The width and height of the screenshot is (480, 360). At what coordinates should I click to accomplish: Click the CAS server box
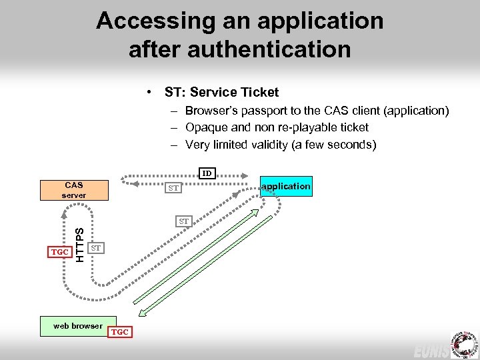point(74,190)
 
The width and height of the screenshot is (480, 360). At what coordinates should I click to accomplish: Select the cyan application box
point(286,186)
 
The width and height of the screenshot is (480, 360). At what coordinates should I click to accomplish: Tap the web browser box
point(78,326)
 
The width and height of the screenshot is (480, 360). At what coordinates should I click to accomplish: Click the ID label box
point(207,173)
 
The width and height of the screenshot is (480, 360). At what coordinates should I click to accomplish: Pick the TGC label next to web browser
point(120,331)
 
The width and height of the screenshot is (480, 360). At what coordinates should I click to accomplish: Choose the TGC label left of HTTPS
point(60,252)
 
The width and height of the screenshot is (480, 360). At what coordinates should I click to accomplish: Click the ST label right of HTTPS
point(96,248)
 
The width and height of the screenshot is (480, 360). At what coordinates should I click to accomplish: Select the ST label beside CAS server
point(173,188)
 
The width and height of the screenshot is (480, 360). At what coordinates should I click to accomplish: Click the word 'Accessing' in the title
point(155,21)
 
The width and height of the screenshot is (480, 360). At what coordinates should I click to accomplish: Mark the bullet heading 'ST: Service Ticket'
point(221,93)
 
